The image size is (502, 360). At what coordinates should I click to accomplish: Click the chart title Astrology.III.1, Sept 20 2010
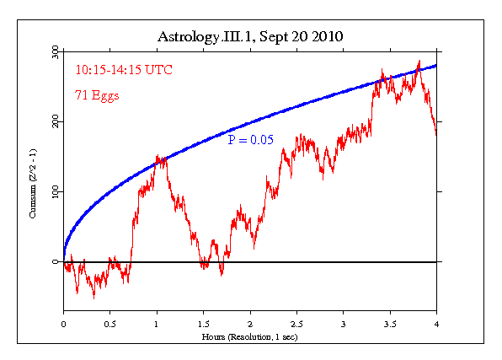click(x=251, y=37)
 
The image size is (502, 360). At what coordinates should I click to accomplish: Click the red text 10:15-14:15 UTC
click(x=125, y=70)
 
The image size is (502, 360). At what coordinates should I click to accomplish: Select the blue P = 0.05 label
click(x=250, y=140)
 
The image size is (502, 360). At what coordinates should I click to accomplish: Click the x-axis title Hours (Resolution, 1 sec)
click(x=250, y=337)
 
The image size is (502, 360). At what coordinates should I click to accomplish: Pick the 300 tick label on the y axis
click(x=54, y=52)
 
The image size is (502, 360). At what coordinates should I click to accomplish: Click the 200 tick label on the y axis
click(x=54, y=122)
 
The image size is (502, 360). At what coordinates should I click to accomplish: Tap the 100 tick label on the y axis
click(x=54, y=192)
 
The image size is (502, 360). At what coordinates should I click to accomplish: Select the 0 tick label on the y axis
click(x=57, y=262)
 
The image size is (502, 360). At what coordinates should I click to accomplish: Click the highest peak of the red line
click(x=419, y=62)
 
